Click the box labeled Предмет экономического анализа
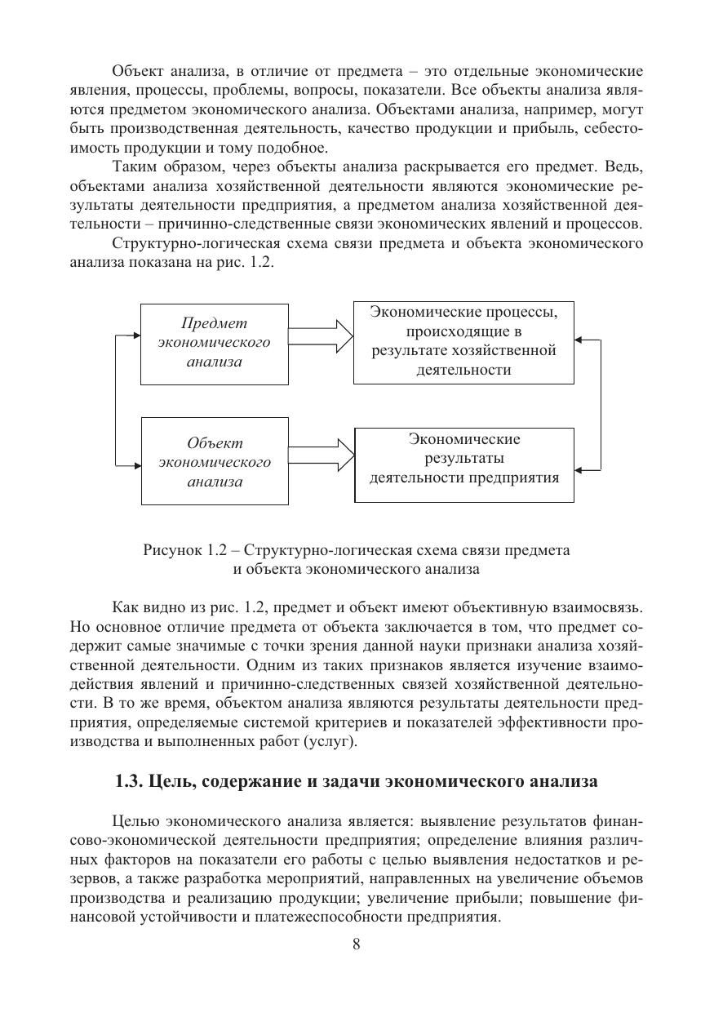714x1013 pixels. coord(215,344)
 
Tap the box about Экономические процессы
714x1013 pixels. coord(463,342)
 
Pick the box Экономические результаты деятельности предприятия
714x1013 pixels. coord(463,463)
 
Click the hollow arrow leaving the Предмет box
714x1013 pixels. coord(321,333)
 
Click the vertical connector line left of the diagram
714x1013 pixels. coord(119,400)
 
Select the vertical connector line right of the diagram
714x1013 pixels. coord(601,404)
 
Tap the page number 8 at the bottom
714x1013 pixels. coord(357,944)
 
